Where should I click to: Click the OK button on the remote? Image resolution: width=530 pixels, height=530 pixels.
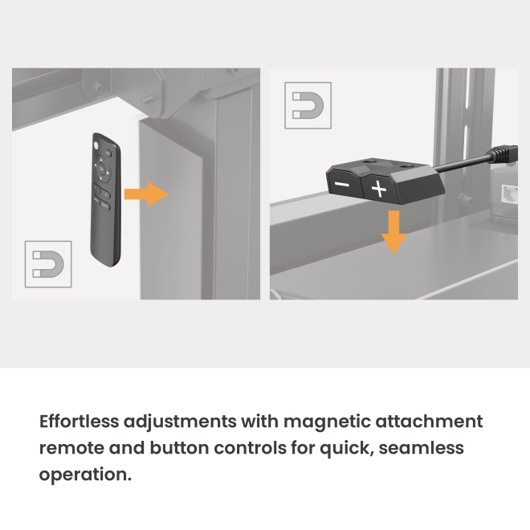(101, 169)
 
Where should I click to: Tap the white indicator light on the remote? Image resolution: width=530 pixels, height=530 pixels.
(96, 145)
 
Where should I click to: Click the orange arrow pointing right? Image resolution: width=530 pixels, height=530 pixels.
(146, 194)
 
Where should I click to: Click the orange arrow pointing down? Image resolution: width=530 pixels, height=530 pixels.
(393, 233)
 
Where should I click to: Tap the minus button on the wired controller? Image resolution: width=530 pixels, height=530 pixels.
(342, 184)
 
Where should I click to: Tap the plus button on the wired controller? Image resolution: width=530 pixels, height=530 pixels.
(379, 189)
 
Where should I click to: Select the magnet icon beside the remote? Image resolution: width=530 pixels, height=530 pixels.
(48, 264)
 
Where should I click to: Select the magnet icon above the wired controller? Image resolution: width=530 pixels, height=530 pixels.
(308, 105)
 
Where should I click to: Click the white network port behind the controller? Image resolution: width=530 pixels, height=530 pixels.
(509, 194)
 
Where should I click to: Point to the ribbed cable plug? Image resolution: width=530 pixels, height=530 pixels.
(504, 154)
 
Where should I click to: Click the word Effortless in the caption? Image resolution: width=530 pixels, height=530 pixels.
(79, 421)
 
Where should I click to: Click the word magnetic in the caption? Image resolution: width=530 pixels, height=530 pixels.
(327, 422)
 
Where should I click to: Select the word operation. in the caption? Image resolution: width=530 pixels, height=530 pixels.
(85, 475)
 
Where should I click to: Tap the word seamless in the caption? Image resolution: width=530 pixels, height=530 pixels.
(421, 448)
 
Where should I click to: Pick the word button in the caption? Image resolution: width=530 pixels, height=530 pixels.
(180, 448)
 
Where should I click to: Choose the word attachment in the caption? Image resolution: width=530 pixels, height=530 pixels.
(429, 421)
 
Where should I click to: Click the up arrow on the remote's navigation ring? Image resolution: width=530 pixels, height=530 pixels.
(100, 160)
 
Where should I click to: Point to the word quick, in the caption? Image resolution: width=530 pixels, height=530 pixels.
(346, 449)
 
